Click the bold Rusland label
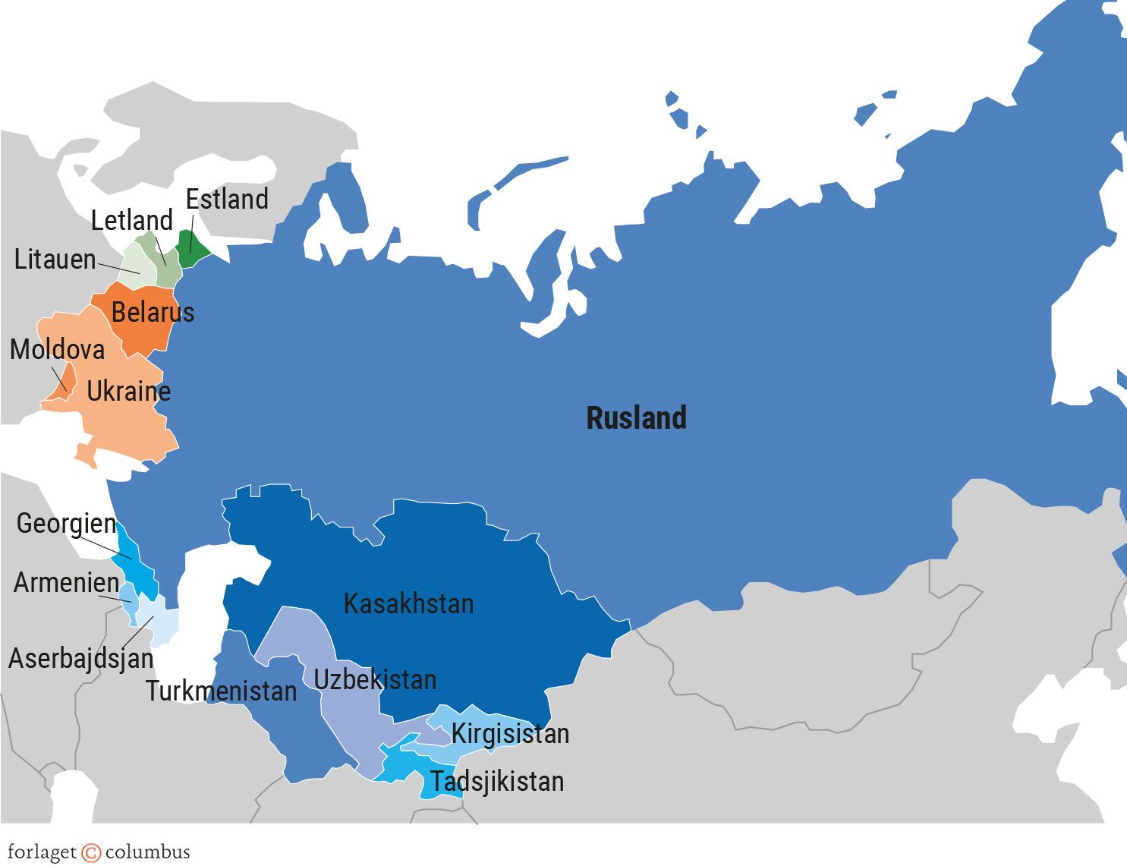[636, 418]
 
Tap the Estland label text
[227, 200]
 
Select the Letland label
[132, 221]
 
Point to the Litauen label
[55, 260]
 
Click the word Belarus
[153, 312]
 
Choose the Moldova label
[58, 350]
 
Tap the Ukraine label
[128, 392]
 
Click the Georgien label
[67, 524]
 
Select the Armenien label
[67, 583]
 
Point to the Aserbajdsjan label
[81, 658]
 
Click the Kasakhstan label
[408, 604]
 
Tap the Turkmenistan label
[222, 691]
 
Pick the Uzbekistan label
[375, 679]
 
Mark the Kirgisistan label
[510, 734]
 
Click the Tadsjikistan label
[497, 782]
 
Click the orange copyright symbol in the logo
[91, 852]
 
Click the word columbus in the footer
[147, 852]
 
